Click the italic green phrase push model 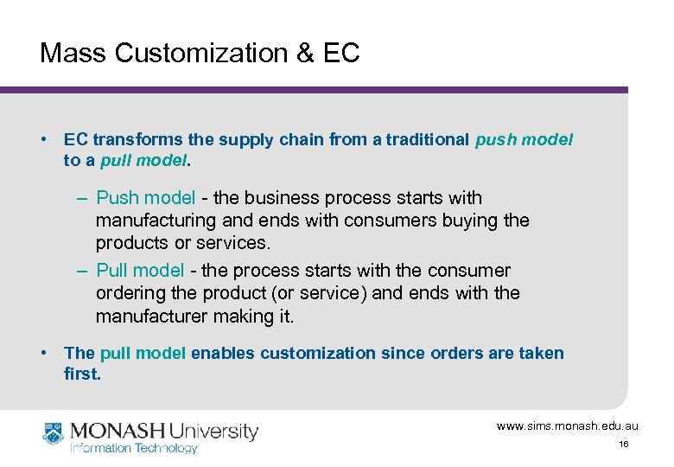(524, 139)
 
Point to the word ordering (131, 293)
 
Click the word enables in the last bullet (223, 353)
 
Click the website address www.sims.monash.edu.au (567, 426)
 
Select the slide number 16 (623, 445)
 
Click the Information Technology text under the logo (134, 448)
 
